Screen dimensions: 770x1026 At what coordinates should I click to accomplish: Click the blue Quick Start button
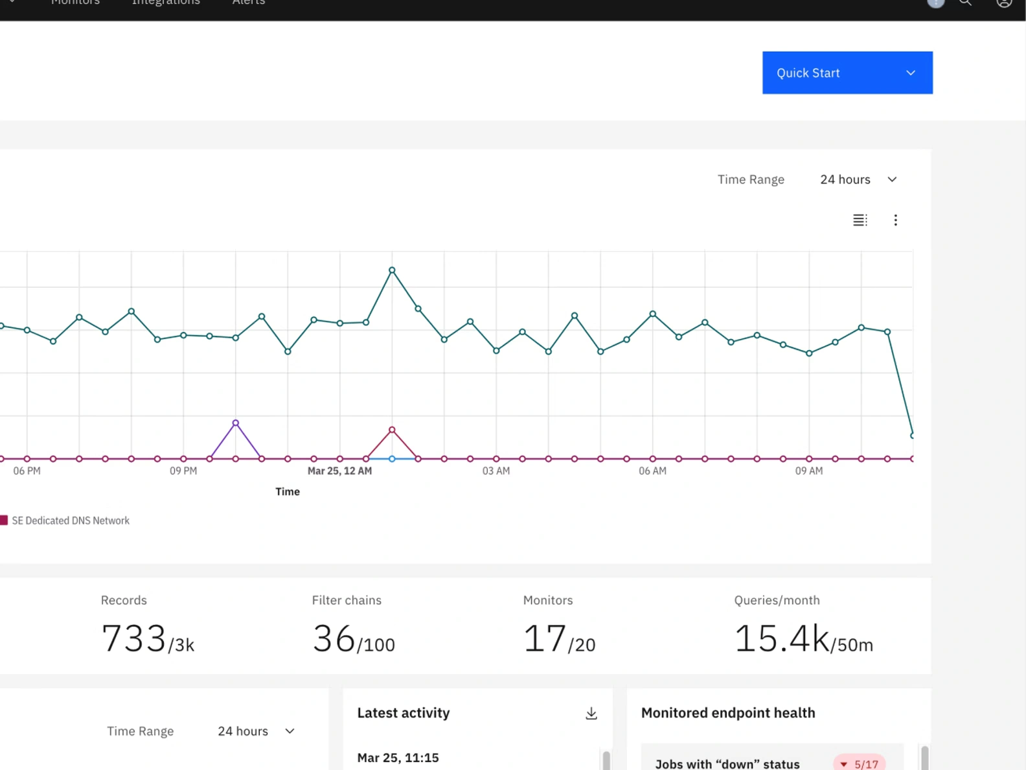(847, 73)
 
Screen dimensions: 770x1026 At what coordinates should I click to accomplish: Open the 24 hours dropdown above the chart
(858, 180)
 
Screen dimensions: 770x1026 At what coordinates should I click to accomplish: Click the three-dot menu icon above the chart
(895, 220)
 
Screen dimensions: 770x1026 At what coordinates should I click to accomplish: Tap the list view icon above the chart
(860, 220)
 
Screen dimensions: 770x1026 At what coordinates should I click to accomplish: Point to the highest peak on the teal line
(392, 270)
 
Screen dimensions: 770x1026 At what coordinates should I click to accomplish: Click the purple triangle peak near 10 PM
(236, 423)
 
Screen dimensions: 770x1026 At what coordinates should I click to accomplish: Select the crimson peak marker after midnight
(392, 430)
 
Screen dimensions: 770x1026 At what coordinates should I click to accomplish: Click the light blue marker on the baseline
(392, 459)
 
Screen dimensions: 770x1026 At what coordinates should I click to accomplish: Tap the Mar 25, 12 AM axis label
(339, 471)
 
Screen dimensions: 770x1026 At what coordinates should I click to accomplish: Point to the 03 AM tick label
(496, 471)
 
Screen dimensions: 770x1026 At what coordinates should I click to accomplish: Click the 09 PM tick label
(183, 471)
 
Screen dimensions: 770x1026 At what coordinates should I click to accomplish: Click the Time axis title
(288, 492)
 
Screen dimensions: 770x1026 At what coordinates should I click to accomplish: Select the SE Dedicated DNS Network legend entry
(70, 520)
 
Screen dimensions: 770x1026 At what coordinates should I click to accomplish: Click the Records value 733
(134, 638)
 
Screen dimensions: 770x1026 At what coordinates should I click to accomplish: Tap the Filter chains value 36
(334, 638)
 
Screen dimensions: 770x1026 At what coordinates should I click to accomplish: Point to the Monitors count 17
(545, 638)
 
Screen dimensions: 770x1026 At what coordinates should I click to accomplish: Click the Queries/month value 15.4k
(782, 638)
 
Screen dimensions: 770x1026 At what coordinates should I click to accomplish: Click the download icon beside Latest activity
(591, 714)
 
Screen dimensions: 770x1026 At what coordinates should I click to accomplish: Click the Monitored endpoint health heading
(728, 713)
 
